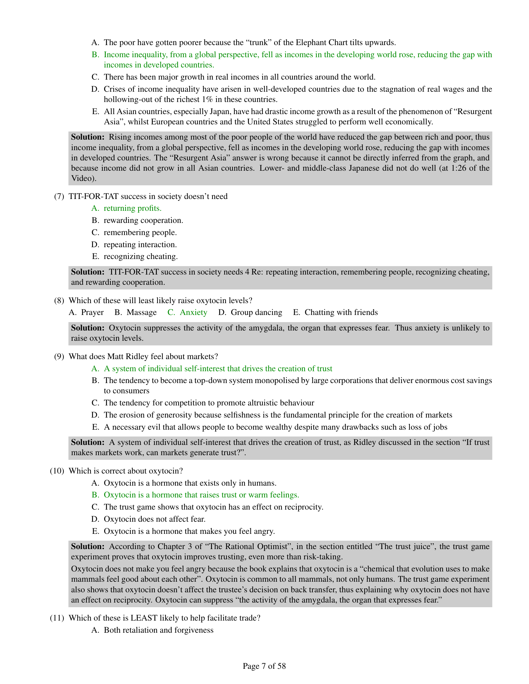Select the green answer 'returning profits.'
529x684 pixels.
tap(133, 208)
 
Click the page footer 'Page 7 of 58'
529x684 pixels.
tap(264, 667)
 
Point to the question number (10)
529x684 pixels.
tap(57, 471)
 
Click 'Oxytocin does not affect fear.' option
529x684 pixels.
tap(155, 519)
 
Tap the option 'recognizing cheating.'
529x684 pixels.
tap(141, 256)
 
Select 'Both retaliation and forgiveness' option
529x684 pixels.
tap(159, 630)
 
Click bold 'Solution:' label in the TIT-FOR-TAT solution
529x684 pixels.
tap(87, 272)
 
